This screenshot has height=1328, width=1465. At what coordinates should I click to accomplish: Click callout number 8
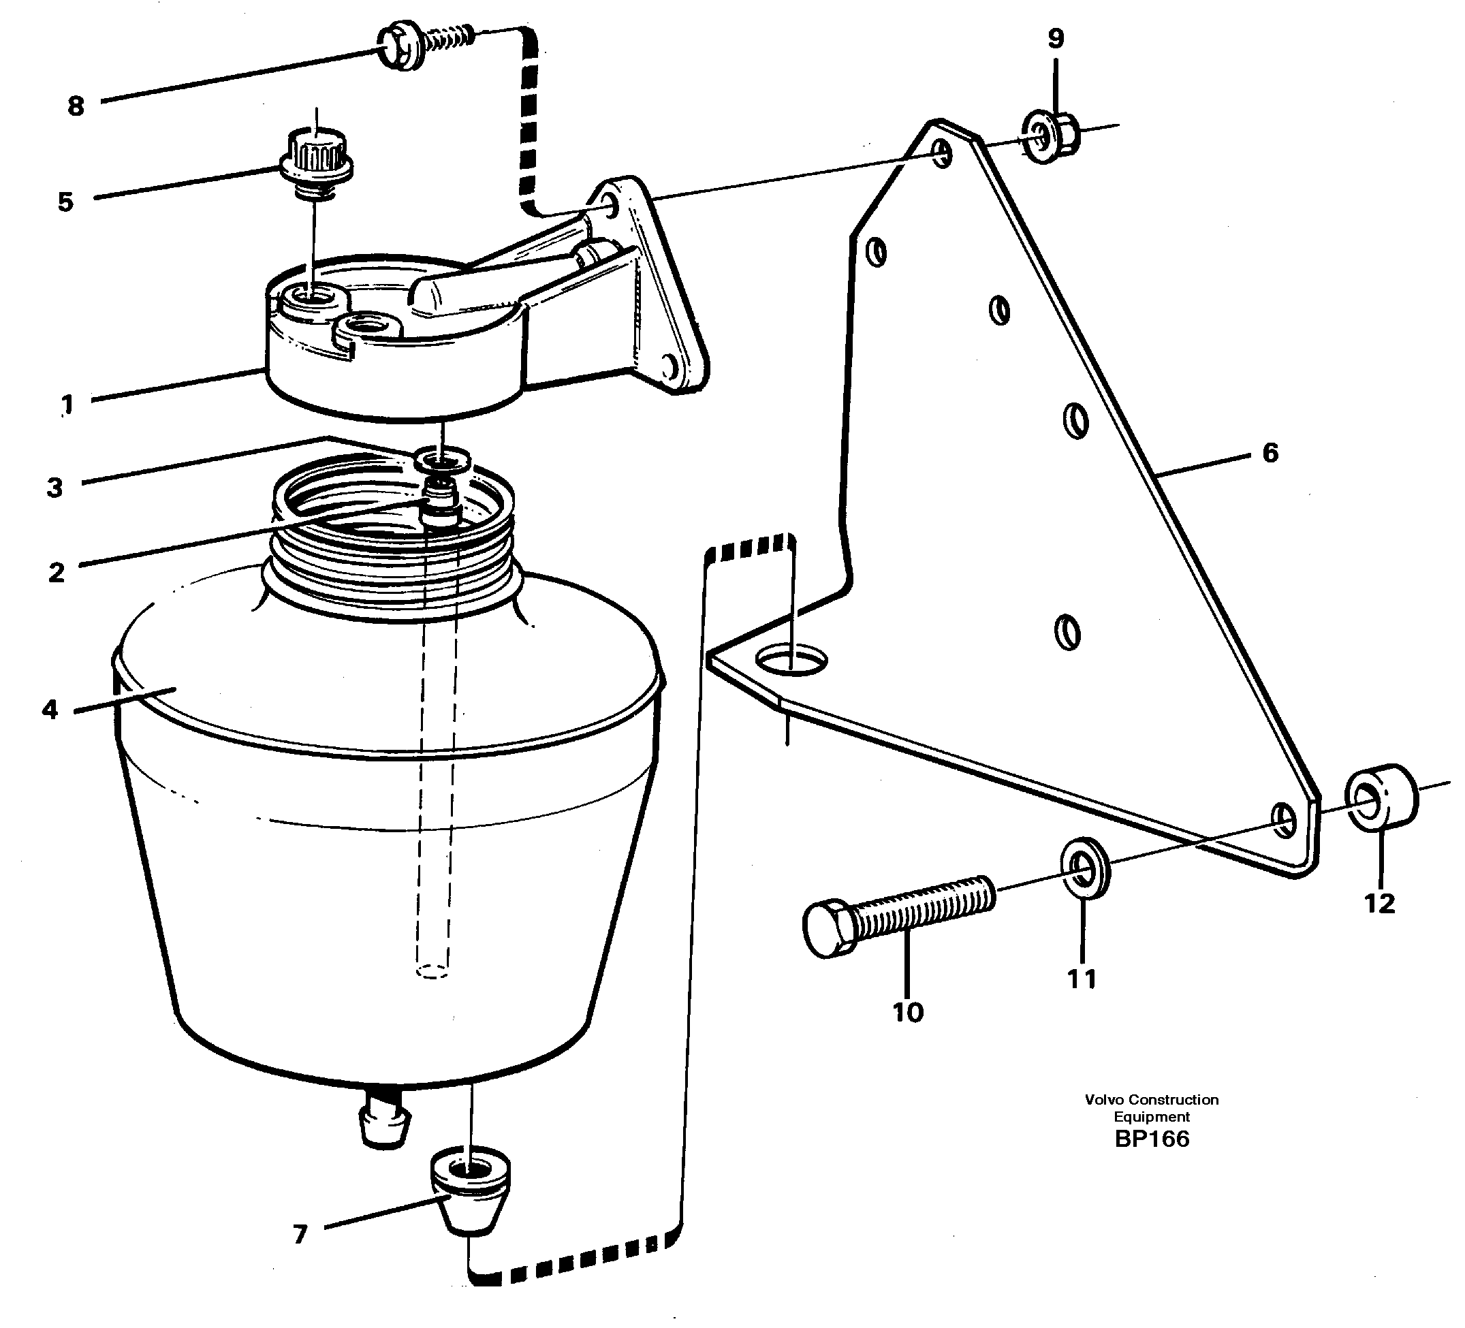(76, 107)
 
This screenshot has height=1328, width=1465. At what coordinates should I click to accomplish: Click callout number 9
(1055, 39)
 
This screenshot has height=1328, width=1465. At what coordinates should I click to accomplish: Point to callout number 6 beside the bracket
(1270, 453)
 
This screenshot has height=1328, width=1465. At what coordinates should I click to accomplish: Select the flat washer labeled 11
(1085, 868)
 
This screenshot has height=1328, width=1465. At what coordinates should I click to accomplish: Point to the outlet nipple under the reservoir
(385, 1124)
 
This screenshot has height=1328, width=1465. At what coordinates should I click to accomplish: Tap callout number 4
(50, 709)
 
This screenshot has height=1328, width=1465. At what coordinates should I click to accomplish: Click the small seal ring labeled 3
(442, 460)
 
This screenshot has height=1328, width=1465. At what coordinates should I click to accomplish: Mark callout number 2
(56, 573)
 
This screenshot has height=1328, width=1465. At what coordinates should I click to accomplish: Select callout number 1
(67, 403)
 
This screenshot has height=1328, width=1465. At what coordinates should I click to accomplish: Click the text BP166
(1152, 1139)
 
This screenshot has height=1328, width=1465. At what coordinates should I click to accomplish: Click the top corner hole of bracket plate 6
(942, 153)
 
